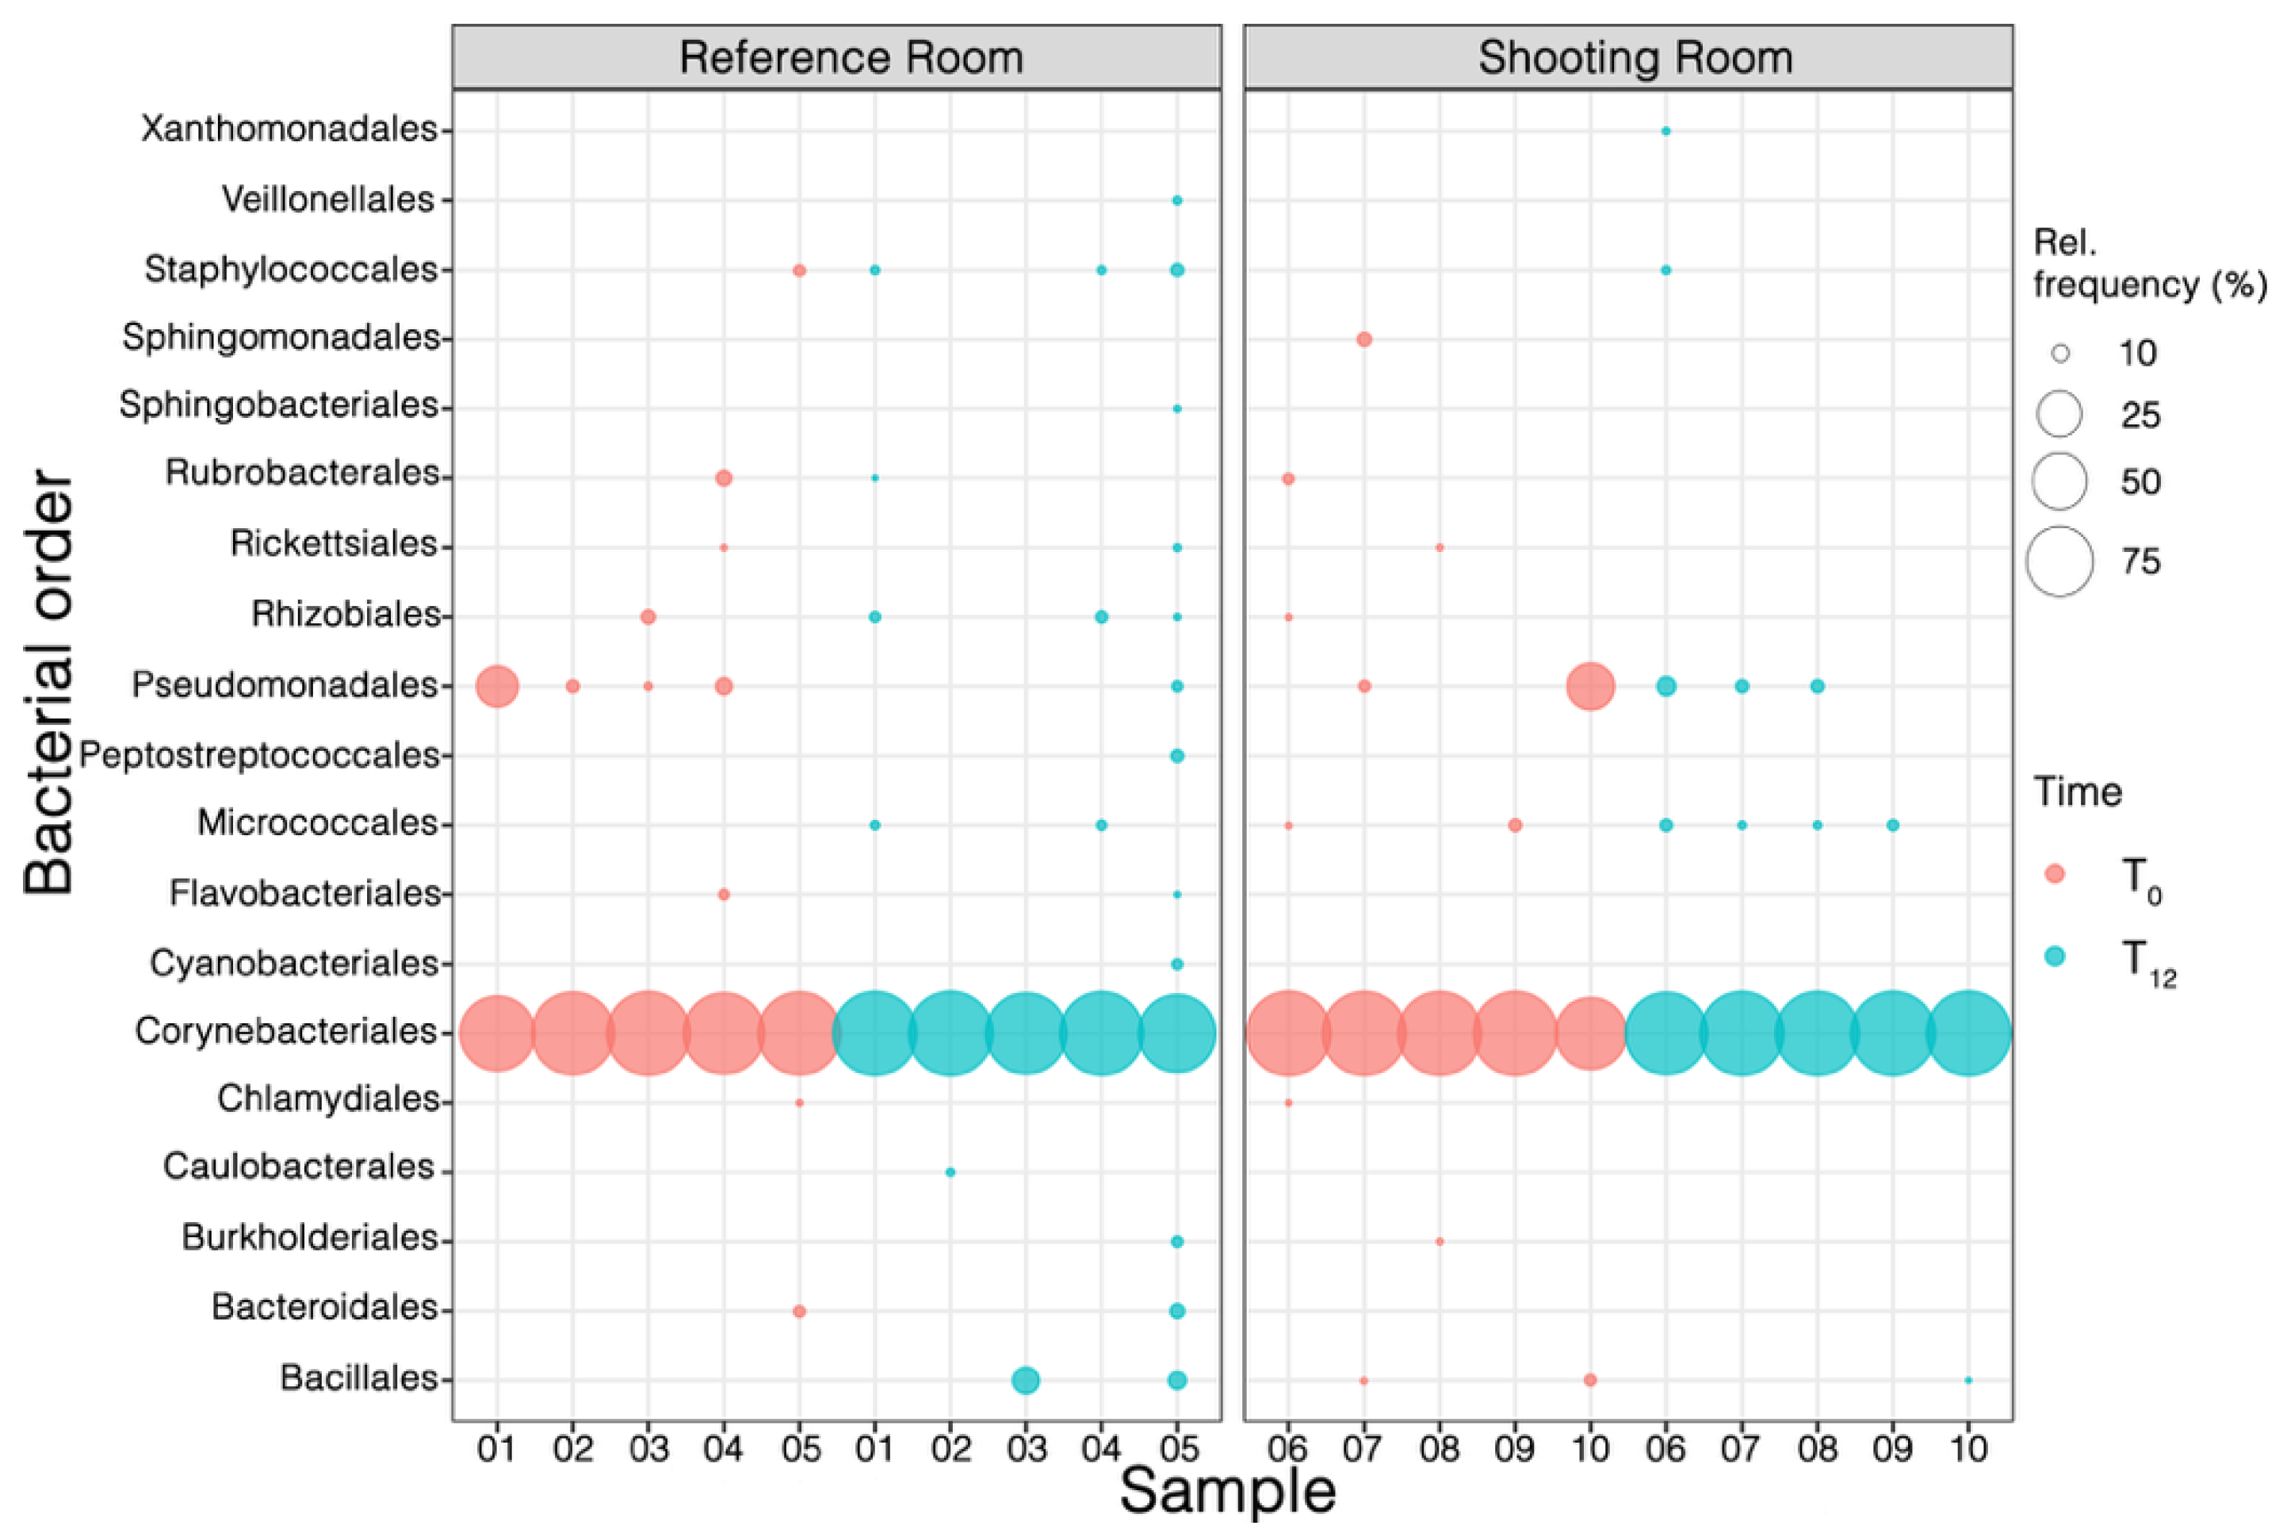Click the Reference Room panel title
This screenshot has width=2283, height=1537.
pos(851,58)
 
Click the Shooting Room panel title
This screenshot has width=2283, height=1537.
pos(1635,58)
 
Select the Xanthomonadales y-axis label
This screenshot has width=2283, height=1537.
pos(289,128)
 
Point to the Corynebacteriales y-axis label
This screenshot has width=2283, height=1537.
pos(286,1031)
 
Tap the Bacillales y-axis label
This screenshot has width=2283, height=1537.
pos(358,1378)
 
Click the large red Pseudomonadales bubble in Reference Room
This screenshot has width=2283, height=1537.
pos(497,686)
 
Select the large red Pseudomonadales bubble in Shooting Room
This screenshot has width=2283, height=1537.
pos(1590,686)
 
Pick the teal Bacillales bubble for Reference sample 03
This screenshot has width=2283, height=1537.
pos(1025,1380)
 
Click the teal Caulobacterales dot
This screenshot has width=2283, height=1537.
pos(950,1172)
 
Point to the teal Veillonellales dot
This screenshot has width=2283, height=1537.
pos(1176,201)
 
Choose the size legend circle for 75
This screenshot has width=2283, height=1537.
pos(2059,562)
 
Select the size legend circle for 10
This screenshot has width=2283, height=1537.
pos(2059,353)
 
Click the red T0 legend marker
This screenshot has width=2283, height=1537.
pos(2055,873)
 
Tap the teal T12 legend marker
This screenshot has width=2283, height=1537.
pos(2055,956)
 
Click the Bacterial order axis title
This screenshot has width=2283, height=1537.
pos(49,682)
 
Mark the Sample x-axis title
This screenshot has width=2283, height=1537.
pos(1227,1492)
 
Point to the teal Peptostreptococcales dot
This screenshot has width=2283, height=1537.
pos(1176,756)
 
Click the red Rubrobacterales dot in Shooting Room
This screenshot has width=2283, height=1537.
pos(1288,479)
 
